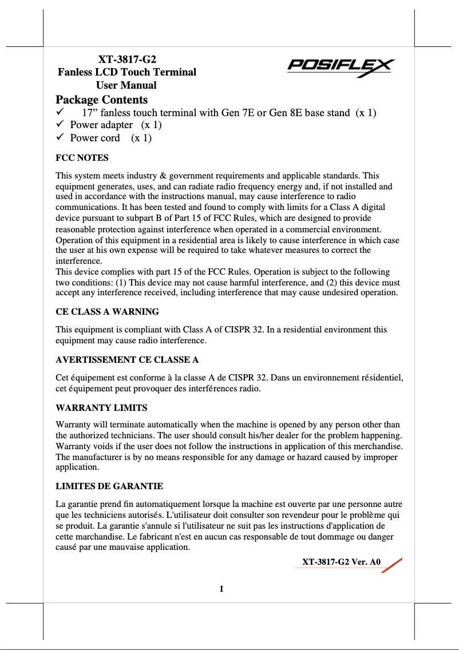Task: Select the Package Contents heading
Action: pos(101,100)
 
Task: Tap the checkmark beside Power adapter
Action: pos(59,125)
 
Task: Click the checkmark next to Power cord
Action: pos(59,138)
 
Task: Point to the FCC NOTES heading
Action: pos(82,157)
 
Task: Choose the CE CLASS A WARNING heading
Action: pos(107,312)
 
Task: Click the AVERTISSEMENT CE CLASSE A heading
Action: pos(127,360)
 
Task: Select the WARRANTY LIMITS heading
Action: pos(101,408)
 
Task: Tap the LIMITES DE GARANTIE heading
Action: pos(109,486)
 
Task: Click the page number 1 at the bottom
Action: pos(221,589)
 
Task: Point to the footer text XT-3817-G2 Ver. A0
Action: pos(341,561)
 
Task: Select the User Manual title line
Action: pos(126,85)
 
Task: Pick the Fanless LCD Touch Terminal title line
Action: pos(127,72)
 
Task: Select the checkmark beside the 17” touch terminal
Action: pos(59,112)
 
